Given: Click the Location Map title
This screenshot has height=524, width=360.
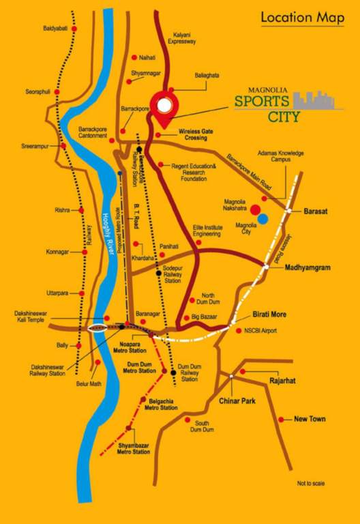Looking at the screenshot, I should (302, 18).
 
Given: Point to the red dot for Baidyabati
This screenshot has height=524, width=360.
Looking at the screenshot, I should (74, 29).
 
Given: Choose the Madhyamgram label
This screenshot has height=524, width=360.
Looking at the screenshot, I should (307, 268).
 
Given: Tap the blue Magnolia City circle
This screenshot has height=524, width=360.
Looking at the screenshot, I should (263, 218).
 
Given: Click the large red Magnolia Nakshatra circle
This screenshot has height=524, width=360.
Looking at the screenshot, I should (254, 209).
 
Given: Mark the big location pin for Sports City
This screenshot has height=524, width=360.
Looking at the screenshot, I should (164, 107).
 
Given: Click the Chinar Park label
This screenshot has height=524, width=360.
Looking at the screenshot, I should (237, 401).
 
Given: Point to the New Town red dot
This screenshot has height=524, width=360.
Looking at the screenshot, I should (281, 419).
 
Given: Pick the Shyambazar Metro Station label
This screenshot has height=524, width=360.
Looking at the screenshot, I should (133, 448).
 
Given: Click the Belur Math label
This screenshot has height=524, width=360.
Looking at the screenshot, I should (89, 383).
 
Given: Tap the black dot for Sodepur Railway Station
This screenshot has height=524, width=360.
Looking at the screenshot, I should (158, 273).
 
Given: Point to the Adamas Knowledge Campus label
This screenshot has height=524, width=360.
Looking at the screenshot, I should (281, 158).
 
